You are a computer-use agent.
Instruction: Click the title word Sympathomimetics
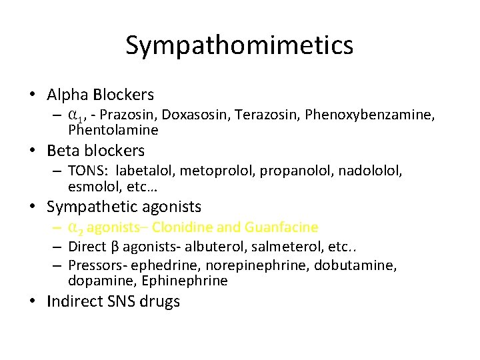[x=239, y=45]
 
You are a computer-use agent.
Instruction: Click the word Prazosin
[x=137, y=115]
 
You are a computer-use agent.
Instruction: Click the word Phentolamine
[x=113, y=129]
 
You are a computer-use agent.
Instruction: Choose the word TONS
[x=87, y=171]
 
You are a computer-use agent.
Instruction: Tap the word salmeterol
[x=273, y=247]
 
